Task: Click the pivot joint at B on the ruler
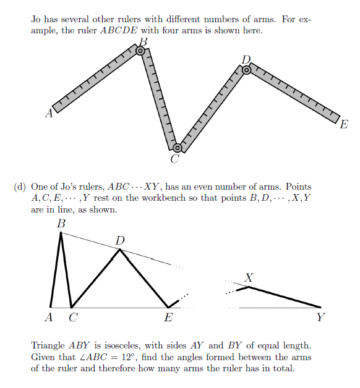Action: tap(140, 50)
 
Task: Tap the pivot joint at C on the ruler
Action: tap(177, 148)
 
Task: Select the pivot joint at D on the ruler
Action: tap(246, 70)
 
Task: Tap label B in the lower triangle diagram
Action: tap(61, 224)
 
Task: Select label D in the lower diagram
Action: tap(119, 240)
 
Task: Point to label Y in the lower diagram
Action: tap(320, 318)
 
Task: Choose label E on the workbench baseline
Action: tap(168, 318)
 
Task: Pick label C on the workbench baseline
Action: tap(74, 318)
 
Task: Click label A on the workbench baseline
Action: tap(49, 318)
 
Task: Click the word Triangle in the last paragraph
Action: tap(48, 346)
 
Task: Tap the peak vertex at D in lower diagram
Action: tap(119, 249)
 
